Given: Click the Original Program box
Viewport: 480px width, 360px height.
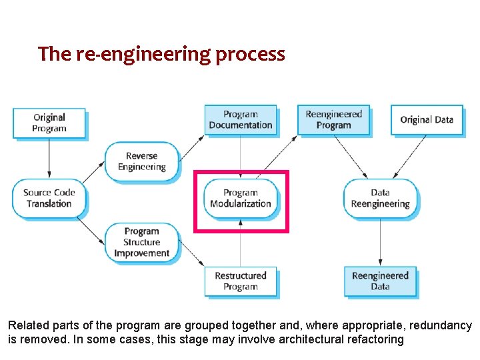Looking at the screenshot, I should pos(49,123).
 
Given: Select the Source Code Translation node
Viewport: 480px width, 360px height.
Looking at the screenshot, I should pos(49,198).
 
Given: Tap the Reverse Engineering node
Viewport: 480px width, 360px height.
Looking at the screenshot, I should pos(141,161).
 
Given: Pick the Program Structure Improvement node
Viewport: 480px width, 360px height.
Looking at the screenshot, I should pos(141,242).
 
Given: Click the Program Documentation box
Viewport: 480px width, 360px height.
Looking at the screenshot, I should pos(240,120).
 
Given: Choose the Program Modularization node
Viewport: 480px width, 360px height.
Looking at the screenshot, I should pos(241,198).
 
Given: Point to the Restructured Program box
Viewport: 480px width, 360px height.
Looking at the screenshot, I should pos(240,281).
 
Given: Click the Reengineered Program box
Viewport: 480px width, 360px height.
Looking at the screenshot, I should pos(333,120).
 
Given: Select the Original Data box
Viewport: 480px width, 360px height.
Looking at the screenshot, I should pos(427,120).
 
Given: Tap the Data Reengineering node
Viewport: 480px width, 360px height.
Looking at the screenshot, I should pos(380,198).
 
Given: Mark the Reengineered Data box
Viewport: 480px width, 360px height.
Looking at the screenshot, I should pos(380,281).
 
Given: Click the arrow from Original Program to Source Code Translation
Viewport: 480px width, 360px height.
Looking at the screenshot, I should pos(49,159).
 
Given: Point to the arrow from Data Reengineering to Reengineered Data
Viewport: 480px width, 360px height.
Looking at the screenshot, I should pos(380,241).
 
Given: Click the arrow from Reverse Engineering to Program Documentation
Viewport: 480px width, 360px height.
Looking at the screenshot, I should pos(192,147).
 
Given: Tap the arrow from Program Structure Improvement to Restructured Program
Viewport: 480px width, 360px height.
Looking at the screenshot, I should pos(191,253).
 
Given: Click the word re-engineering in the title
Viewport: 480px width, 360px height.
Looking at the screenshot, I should pos(143,53).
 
